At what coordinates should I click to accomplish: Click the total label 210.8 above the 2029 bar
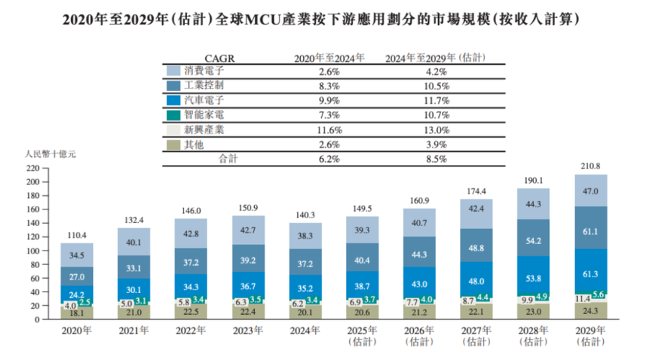coord(591,166)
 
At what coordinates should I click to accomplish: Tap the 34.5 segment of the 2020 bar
coord(77,256)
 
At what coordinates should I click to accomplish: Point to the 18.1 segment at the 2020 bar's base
coord(77,312)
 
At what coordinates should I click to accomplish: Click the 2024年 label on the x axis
coord(305,332)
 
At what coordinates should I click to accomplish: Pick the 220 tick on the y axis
coord(31,168)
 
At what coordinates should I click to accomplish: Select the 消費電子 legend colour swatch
coord(173,71)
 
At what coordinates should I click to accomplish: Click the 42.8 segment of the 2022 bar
coord(191,234)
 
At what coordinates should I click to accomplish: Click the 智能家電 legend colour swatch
coord(173,114)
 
